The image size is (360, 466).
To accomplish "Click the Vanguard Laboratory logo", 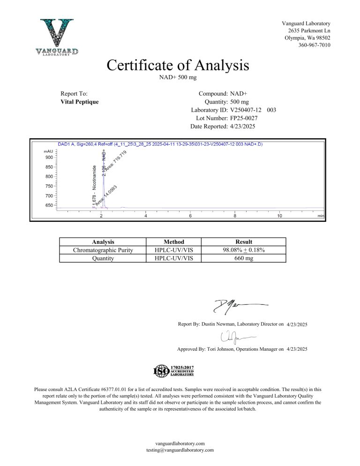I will pos(58,37).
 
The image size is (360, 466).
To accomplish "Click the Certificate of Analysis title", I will pos(178,65).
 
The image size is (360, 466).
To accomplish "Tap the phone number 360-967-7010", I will pos(314,45).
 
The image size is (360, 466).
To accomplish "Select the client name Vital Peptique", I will pos(80,101).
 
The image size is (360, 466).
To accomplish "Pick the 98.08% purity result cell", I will pos(244,250).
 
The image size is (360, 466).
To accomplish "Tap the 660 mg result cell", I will pos(244,258).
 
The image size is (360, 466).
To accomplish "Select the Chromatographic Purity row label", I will pos(103,250).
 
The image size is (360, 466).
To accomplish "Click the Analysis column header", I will pos(103,242).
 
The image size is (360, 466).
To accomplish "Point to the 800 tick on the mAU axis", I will pos(49,176).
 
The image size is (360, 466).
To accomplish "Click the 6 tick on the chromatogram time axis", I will pos(190,216).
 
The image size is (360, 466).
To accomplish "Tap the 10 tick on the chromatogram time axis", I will pos(279,216).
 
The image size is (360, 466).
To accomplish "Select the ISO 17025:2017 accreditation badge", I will pos(174,371).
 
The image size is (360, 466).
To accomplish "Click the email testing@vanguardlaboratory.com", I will pos(180,450).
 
